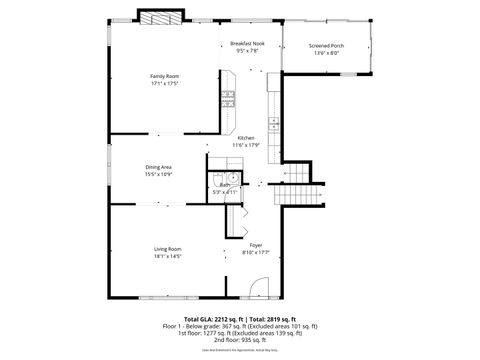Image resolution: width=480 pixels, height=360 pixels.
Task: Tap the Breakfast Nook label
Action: coord(246,44)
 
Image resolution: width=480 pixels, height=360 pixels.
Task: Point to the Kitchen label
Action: coord(246,137)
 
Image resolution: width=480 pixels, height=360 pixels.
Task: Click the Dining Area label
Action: coord(158,168)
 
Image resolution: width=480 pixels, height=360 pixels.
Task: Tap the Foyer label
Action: coord(256,246)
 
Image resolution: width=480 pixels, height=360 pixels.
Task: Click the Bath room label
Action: coord(226,185)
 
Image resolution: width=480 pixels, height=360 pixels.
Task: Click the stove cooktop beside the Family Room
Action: coord(229,99)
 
